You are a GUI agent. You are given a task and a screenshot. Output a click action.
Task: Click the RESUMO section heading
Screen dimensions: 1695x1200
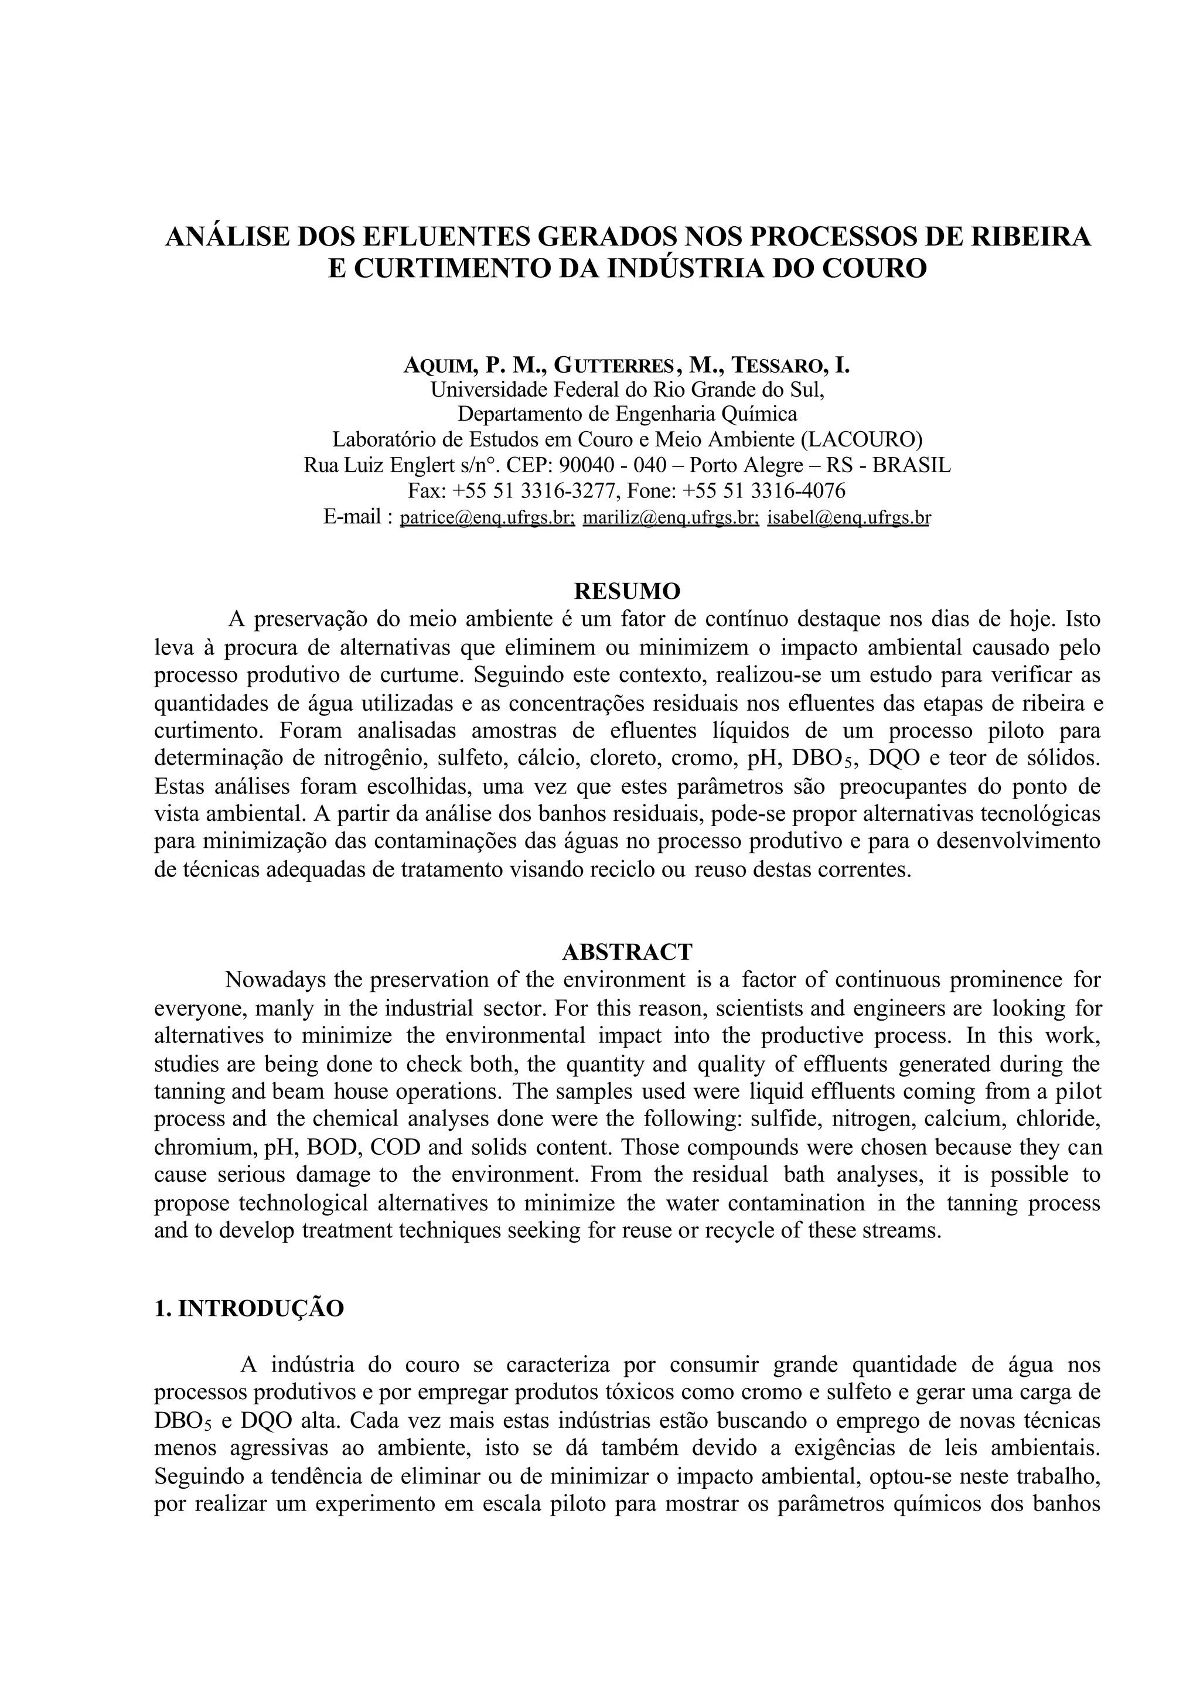pos(626,591)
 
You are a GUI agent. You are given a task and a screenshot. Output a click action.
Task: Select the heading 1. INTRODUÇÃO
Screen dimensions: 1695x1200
pos(249,1308)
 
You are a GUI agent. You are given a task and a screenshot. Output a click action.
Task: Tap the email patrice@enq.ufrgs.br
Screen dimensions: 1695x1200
pos(487,517)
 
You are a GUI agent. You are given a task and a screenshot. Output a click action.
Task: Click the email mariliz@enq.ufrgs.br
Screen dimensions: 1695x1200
pos(670,517)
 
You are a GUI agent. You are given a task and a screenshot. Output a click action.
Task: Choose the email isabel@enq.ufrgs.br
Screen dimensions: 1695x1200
pos(848,517)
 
